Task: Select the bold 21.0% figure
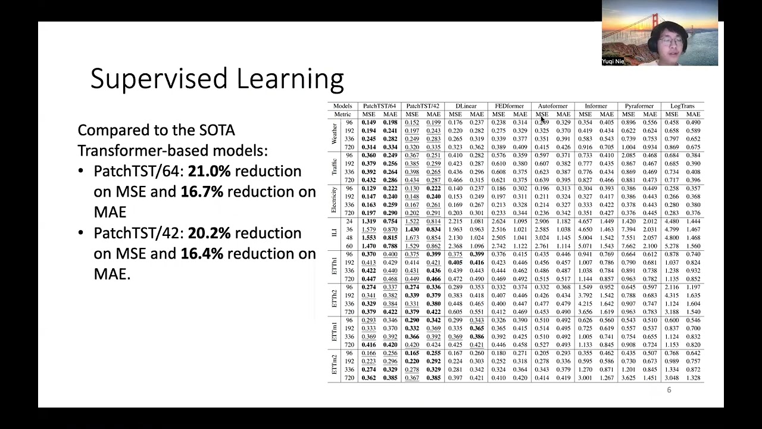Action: click(209, 171)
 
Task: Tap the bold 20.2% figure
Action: click(208, 233)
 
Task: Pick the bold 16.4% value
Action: click(201, 254)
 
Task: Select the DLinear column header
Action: click(466, 106)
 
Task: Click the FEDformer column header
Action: click(509, 106)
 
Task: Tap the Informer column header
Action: click(595, 106)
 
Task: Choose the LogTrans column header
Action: click(682, 106)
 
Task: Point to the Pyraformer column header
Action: click(639, 106)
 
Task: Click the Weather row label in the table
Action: click(334, 135)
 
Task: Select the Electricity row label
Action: click(334, 200)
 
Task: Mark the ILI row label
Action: click(334, 233)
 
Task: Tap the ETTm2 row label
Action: click(334, 365)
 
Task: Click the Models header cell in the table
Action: click(342, 106)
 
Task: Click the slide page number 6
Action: click(669, 390)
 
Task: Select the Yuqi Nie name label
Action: click(613, 61)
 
